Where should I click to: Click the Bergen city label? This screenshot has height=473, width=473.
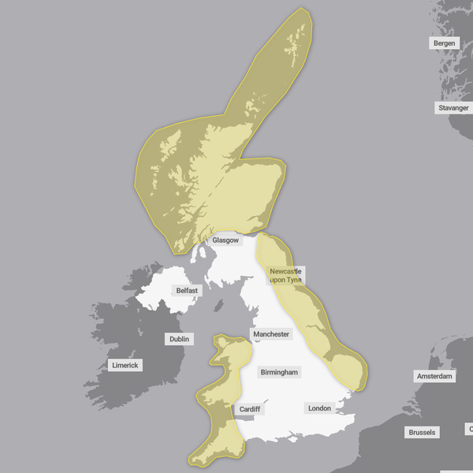click(444, 43)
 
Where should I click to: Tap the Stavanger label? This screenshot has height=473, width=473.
click(453, 107)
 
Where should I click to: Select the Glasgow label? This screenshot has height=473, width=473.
click(225, 240)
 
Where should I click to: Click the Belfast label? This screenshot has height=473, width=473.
click(188, 290)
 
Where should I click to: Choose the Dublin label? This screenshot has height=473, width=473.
click(180, 339)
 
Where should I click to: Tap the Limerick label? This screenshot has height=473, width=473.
click(125, 365)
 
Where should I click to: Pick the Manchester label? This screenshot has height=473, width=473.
click(271, 334)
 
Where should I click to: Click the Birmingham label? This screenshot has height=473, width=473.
click(279, 371)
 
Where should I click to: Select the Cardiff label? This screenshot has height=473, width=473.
click(250, 409)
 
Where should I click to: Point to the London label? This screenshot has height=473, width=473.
click(319, 408)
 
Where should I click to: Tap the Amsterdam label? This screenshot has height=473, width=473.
click(435, 376)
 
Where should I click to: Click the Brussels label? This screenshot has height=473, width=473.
click(422, 432)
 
